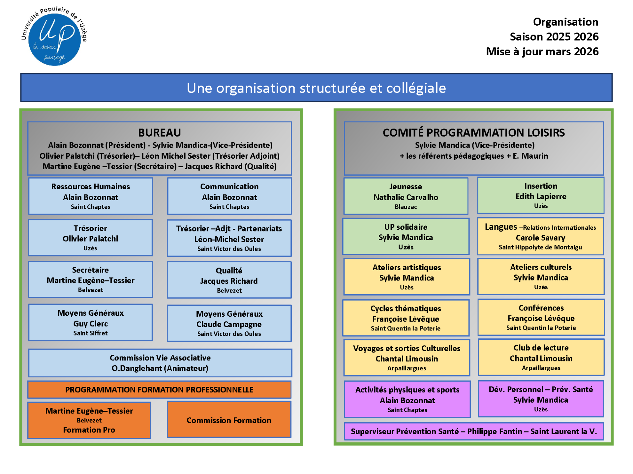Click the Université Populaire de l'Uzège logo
pos(54,36)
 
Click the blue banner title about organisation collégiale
pos(316,88)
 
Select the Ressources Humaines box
pos(90,196)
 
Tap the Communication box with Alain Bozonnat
pos(229,196)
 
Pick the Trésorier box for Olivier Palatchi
pos(90,238)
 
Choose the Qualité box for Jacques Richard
pos(229,280)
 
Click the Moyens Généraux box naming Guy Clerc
pos(90,323)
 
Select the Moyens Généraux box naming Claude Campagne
pos(229,323)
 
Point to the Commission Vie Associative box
pos(160,363)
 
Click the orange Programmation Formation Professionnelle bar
pos(159,390)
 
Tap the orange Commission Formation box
pos(229,420)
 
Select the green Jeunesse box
pos(406,196)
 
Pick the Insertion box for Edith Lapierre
pos(541,196)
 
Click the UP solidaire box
pos(406,237)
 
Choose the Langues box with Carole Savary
pos(540,237)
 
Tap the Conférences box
pos(541,317)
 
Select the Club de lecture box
pos(541,357)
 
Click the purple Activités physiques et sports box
pos(407,399)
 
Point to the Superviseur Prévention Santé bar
pos(474,431)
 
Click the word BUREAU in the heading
pos(160,132)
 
